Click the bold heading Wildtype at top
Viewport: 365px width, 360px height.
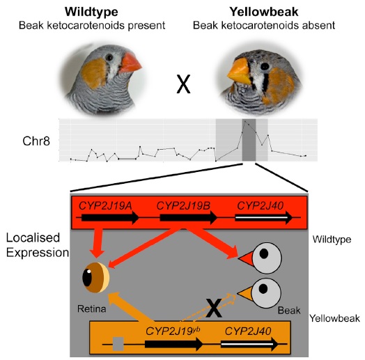click(91, 12)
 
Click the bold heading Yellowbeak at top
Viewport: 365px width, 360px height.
click(264, 12)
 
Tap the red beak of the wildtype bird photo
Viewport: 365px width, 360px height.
click(130, 63)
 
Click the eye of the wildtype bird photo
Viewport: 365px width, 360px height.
click(109, 57)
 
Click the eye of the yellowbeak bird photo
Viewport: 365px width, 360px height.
click(265, 66)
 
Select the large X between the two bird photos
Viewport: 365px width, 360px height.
click(183, 84)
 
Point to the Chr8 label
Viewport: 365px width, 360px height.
click(36, 141)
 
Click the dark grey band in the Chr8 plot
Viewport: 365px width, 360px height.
click(249, 140)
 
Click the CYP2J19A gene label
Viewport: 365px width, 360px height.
click(105, 205)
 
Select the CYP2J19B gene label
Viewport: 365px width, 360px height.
click(183, 205)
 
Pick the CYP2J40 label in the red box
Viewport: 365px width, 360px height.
click(261, 205)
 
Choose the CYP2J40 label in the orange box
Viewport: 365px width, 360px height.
click(248, 331)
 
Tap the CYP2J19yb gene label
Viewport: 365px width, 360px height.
click(173, 331)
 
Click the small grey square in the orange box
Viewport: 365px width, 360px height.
click(118, 344)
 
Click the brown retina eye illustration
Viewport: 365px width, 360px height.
click(95, 277)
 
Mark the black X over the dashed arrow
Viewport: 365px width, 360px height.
click(214, 308)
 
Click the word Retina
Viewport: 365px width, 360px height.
click(92, 308)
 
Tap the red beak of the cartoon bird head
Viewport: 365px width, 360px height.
click(246, 258)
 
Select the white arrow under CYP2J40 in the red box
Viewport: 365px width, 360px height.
click(264, 218)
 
